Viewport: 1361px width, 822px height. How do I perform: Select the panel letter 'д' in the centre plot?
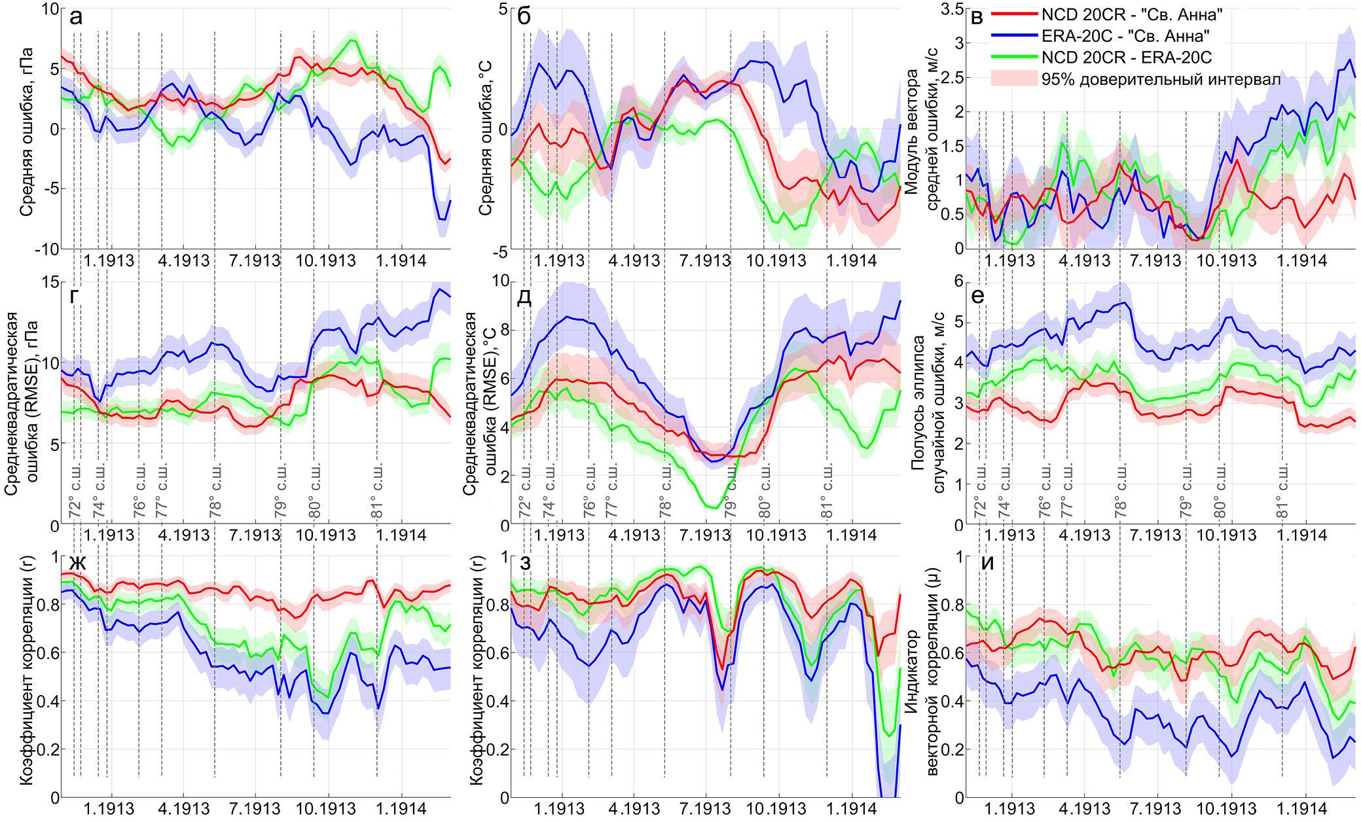524,298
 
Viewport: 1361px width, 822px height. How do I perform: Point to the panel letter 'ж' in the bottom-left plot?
78,563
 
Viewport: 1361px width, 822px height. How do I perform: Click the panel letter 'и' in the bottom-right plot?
987,563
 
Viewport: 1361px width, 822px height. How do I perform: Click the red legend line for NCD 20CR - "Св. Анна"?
1014,14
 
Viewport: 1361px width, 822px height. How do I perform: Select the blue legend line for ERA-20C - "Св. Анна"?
1014,36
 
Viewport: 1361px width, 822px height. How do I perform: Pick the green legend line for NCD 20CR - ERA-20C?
1014,58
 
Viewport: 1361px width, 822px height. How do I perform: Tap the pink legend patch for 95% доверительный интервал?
1014,79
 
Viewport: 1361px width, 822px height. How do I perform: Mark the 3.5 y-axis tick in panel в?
952,9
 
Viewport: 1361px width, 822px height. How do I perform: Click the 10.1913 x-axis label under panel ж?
325,809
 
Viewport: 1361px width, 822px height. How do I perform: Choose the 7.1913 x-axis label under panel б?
704,260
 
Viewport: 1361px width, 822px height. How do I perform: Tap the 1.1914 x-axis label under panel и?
1302,809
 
